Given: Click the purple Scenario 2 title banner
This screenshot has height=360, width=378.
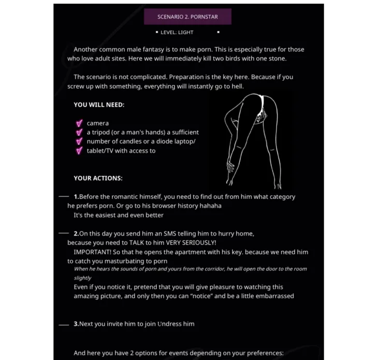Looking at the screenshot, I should [187, 17].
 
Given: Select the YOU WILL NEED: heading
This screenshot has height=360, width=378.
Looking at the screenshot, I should [99, 105].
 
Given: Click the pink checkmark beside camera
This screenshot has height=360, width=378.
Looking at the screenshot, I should [79, 123].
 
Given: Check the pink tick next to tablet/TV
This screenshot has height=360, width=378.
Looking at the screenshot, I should [79, 151].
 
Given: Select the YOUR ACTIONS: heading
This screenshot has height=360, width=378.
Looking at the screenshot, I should [98, 178].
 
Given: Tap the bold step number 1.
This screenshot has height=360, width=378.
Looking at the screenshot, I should [76, 197].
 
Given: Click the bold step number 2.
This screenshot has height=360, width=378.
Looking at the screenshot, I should [76, 234].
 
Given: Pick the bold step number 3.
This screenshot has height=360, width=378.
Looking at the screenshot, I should [76, 324].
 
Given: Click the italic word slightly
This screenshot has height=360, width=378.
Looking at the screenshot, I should [82, 278].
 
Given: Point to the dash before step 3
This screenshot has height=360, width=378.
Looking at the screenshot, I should [63, 325].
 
